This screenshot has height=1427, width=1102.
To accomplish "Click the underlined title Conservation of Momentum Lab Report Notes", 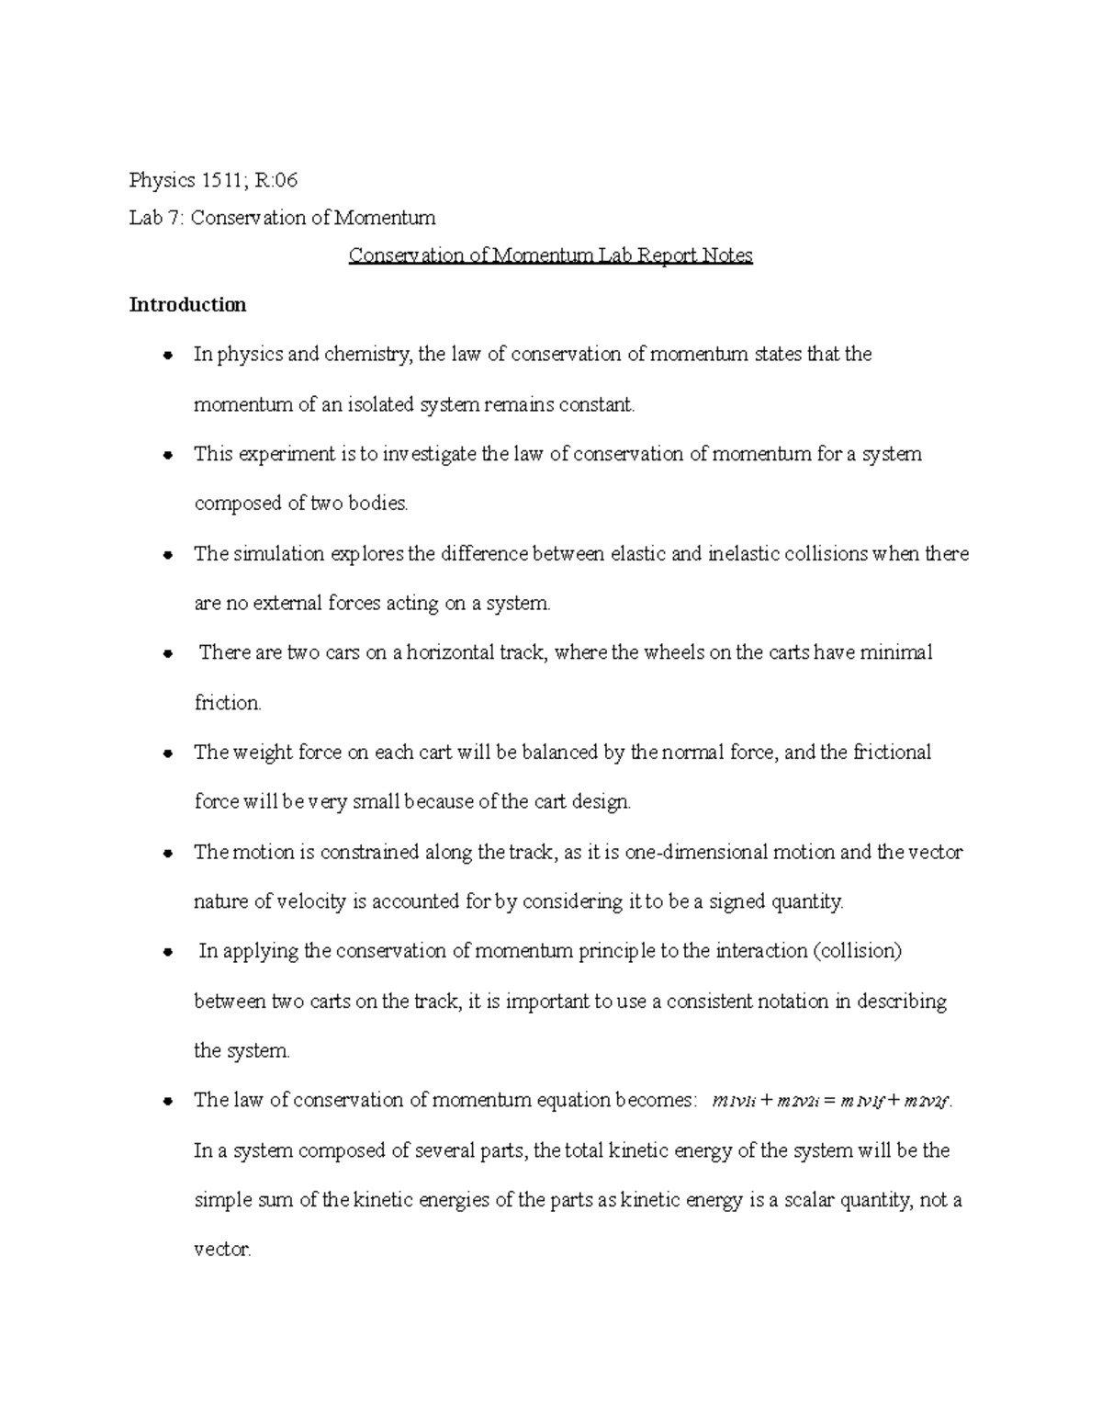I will (550, 255).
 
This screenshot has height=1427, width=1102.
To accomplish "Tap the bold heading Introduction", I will (187, 305).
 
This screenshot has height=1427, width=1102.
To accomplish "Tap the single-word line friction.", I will (228, 704).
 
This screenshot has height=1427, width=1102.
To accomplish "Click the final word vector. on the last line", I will (222, 1251).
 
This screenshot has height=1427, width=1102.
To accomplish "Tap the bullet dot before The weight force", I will (167, 753).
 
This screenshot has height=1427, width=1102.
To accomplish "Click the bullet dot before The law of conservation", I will (167, 1101).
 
